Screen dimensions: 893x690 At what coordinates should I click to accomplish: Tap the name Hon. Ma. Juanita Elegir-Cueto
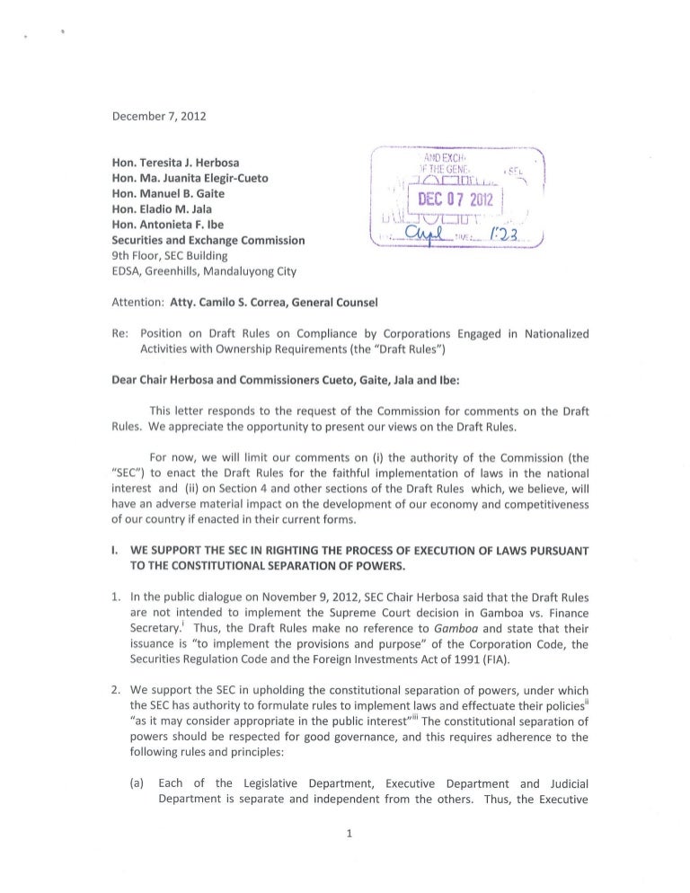pyautogui.click(x=189, y=178)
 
